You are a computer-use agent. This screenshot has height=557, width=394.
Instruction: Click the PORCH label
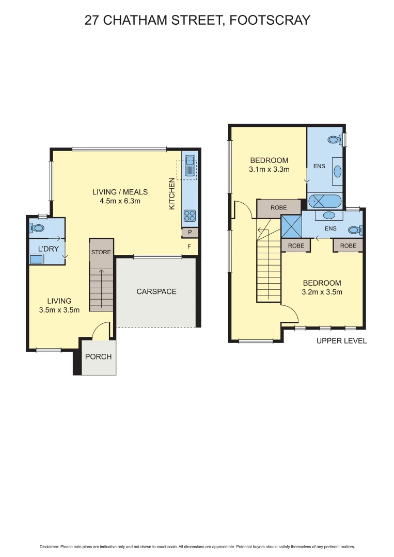pyautogui.click(x=98, y=356)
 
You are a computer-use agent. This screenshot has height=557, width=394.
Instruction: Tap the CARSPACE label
pyautogui.click(x=156, y=291)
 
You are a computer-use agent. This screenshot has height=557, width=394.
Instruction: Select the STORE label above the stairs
pyautogui.click(x=101, y=252)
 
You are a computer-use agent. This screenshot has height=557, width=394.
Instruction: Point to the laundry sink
pyautogui.click(x=36, y=259)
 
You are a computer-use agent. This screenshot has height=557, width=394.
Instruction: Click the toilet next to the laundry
pyautogui.click(x=37, y=227)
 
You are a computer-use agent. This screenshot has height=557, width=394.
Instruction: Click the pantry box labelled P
pyautogui.click(x=190, y=233)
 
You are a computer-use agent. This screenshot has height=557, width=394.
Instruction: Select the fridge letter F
pyautogui.click(x=190, y=247)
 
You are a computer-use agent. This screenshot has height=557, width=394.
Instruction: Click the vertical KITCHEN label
pyautogui.click(x=172, y=194)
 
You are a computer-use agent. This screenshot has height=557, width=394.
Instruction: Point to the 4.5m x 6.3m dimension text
pyautogui.click(x=120, y=201)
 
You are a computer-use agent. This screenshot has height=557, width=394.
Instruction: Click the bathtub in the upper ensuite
pyautogui.click(x=324, y=201)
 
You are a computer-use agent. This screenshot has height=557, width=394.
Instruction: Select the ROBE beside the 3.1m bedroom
pyautogui.click(x=279, y=208)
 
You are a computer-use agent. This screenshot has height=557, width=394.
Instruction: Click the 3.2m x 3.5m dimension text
pyautogui.click(x=322, y=292)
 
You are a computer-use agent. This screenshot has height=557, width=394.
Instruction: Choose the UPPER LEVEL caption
pyautogui.click(x=341, y=340)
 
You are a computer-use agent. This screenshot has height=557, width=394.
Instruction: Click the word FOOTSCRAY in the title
pyautogui.click(x=270, y=20)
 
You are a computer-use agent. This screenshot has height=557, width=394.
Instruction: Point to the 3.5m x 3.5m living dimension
pyautogui.click(x=59, y=310)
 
